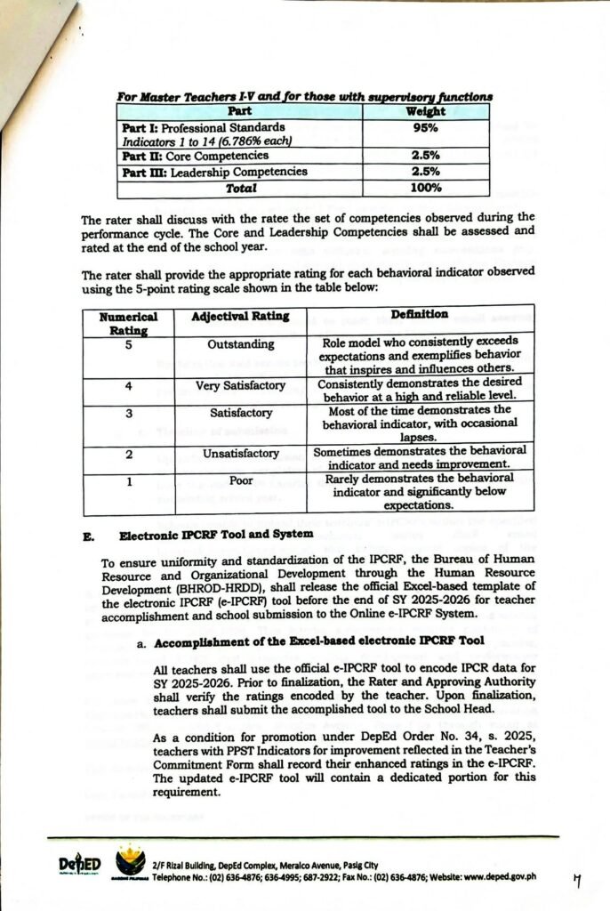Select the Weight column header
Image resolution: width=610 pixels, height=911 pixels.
tap(430, 112)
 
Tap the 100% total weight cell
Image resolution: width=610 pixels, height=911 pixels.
tap(430, 188)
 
